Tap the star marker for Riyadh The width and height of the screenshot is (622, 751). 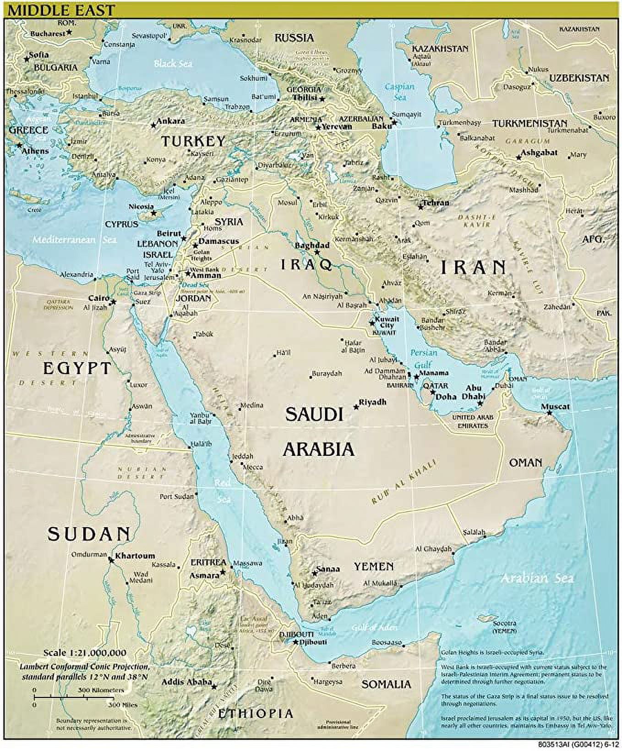(356, 407)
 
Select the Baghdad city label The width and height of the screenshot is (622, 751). (312, 246)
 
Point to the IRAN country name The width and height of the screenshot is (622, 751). (473, 267)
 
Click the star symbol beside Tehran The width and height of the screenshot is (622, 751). (420, 207)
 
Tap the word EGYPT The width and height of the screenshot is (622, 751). (77, 368)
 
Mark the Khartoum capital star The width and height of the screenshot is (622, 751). (111, 559)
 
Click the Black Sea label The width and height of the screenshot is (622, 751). (173, 63)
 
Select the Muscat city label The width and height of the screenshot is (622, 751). (555, 406)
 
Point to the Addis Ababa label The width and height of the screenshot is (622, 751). (186, 682)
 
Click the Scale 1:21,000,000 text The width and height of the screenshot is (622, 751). (85, 652)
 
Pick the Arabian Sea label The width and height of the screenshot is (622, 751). (536, 578)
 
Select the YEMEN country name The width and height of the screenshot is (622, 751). (373, 567)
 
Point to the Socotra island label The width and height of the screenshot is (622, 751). (504, 623)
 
